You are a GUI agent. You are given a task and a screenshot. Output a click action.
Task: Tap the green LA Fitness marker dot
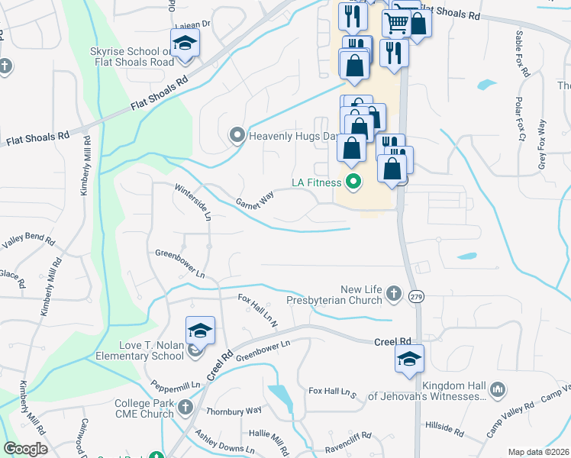pyautogui.click(x=353, y=182)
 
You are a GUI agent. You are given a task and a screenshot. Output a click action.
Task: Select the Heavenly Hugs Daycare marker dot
pyautogui.click(x=237, y=137)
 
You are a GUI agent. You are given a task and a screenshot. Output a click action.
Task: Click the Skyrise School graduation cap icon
pyautogui.click(x=184, y=44)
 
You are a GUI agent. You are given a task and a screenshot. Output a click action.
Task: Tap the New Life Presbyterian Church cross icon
pyautogui.click(x=393, y=293)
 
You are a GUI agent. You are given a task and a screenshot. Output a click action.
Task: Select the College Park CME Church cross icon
pyautogui.click(x=185, y=408)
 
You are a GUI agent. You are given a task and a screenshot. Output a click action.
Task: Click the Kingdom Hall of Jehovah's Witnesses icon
pyautogui.click(x=497, y=391)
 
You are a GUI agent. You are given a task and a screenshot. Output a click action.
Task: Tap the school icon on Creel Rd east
pyautogui.click(x=409, y=358)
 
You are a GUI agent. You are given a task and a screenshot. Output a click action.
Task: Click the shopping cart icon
pyautogui.click(x=396, y=23)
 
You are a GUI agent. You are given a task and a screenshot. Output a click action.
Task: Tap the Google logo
pyautogui.click(x=25, y=449)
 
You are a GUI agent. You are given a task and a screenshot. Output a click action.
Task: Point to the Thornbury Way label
pyautogui.click(x=234, y=411)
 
